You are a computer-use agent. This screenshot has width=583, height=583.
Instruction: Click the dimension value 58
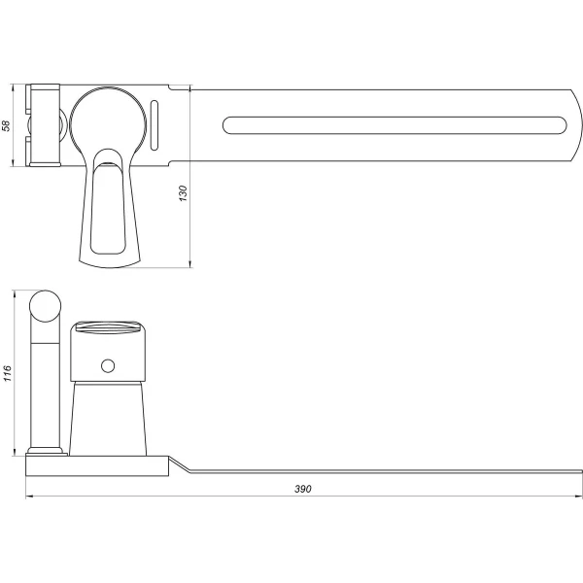click(x=8, y=126)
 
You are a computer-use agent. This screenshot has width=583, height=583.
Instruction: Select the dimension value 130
click(x=182, y=193)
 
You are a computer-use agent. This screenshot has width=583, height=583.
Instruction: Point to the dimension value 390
click(x=302, y=489)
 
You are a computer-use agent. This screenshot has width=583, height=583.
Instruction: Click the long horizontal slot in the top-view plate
click(x=394, y=124)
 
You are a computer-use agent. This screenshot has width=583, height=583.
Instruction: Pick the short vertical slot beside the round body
click(x=155, y=124)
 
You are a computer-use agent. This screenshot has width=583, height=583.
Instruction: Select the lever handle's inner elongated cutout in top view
click(x=107, y=209)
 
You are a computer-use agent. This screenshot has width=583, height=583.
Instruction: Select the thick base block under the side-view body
click(x=97, y=464)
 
